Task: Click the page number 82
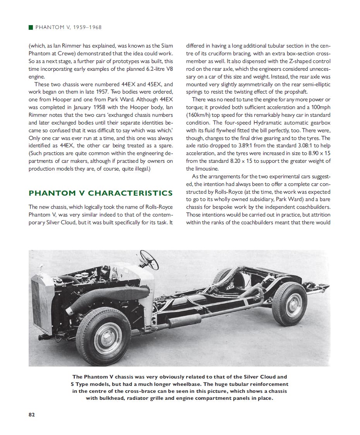[x=32, y=415]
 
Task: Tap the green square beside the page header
[x=31, y=27]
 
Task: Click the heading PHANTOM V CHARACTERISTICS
[x=101, y=193]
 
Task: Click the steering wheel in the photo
[x=149, y=260]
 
